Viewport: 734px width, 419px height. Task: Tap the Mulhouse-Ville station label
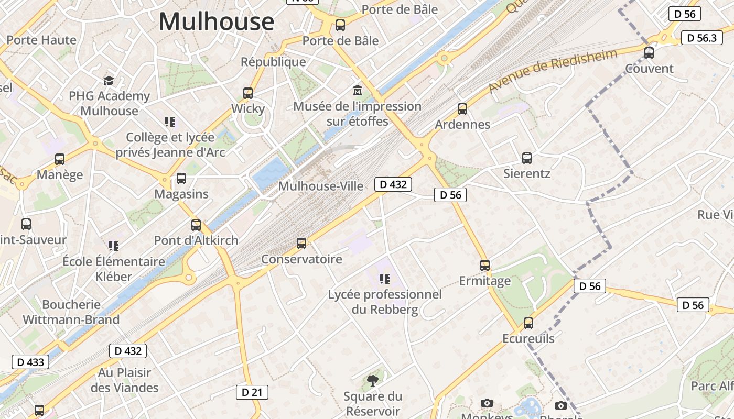point(320,186)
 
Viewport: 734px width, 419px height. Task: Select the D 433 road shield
point(30,362)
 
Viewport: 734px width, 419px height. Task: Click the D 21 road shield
point(252,392)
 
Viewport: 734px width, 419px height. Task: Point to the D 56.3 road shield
point(701,38)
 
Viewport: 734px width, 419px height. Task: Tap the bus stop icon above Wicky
point(248,93)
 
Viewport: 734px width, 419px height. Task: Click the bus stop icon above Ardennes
point(462,108)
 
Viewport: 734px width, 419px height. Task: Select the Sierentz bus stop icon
point(526,158)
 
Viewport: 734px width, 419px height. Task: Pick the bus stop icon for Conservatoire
point(301,243)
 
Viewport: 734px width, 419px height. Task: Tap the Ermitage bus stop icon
point(484,266)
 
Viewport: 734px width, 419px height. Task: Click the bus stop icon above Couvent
point(649,52)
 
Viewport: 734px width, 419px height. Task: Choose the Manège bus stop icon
point(60,159)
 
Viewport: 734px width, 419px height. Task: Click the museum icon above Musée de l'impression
point(358,90)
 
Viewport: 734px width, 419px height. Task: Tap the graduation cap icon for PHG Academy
point(109,81)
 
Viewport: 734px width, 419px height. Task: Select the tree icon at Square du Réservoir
point(373,380)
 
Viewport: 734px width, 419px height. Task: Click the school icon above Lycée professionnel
point(385,279)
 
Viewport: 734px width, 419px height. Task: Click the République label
point(273,62)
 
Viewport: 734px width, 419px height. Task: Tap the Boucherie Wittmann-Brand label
point(71,312)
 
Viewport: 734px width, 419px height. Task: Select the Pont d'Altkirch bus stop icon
point(196,225)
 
